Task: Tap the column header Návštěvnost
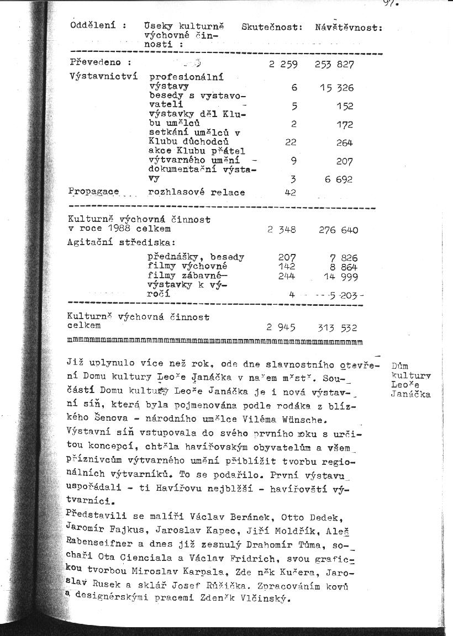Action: [349, 27]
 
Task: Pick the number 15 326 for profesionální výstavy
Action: [336, 88]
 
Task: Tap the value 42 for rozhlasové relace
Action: [291, 193]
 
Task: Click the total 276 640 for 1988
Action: [338, 230]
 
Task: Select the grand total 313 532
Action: [338, 328]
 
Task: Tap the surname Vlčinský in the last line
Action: [268, 599]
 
